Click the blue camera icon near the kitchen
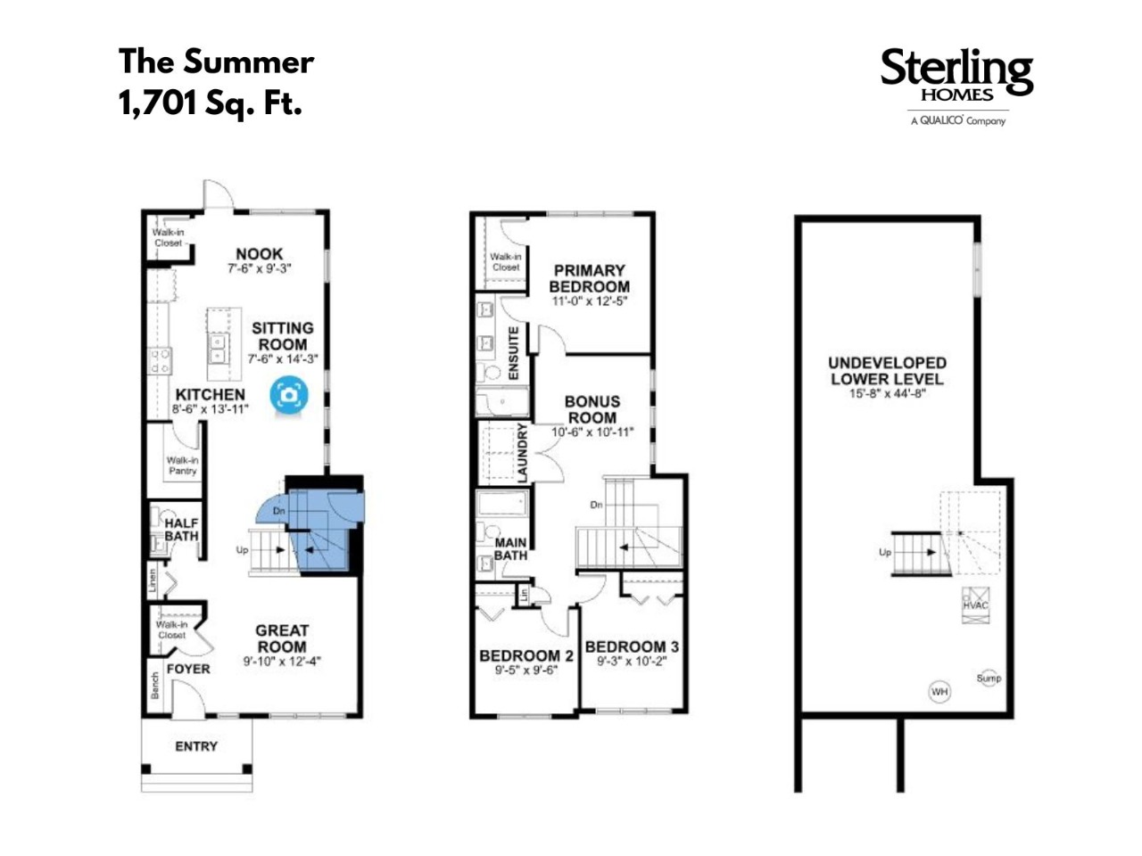click(x=289, y=395)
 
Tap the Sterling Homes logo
click(x=956, y=86)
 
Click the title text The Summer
click(x=216, y=62)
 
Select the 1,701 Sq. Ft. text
click(x=211, y=103)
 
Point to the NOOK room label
click(x=259, y=254)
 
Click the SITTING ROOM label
click(x=283, y=336)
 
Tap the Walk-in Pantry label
click(x=182, y=465)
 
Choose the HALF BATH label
click(x=182, y=529)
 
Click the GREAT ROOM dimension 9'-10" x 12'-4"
click(x=282, y=662)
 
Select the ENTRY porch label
click(x=196, y=746)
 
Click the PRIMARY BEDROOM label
click(x=590, y=278)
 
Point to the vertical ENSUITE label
click(x=513, y=353)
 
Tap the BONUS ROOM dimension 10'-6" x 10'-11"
click(x=592, y=432)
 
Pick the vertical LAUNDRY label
click(x=522, y=452)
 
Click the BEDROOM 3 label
click(x=632, y=646)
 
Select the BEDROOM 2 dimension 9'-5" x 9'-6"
click(x=526, y=671)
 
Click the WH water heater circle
click(x=939, y=692)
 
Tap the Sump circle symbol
click(x=989, y=679)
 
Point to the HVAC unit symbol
click(x=975, y=605)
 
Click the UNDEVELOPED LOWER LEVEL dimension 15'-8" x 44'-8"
click(x=887, y=393)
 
